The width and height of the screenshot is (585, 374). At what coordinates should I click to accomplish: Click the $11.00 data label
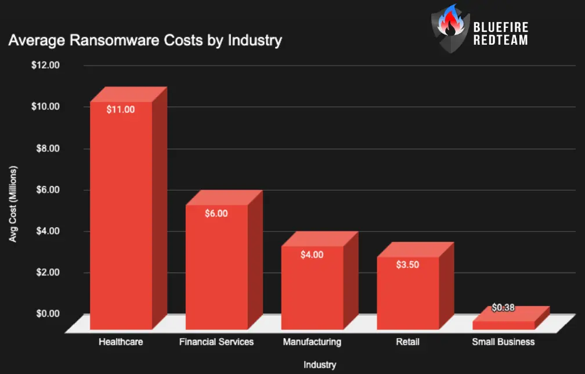click(121, 109)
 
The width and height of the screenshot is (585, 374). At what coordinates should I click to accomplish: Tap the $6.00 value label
click(216, 213)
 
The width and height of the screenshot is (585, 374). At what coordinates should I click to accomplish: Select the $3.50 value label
click(408, 264)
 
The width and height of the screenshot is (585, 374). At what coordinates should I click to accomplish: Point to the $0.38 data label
click(503, 307)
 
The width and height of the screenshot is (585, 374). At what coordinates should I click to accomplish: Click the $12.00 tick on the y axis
click(46, 66)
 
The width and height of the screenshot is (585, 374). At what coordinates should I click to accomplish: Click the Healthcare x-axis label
click(121, 342)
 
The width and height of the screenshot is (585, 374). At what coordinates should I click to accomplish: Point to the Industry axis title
click(319, 365)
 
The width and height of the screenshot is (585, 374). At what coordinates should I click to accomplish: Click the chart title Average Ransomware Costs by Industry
click(145, 41)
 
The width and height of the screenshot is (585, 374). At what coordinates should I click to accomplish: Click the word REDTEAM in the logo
click(501, 41)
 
